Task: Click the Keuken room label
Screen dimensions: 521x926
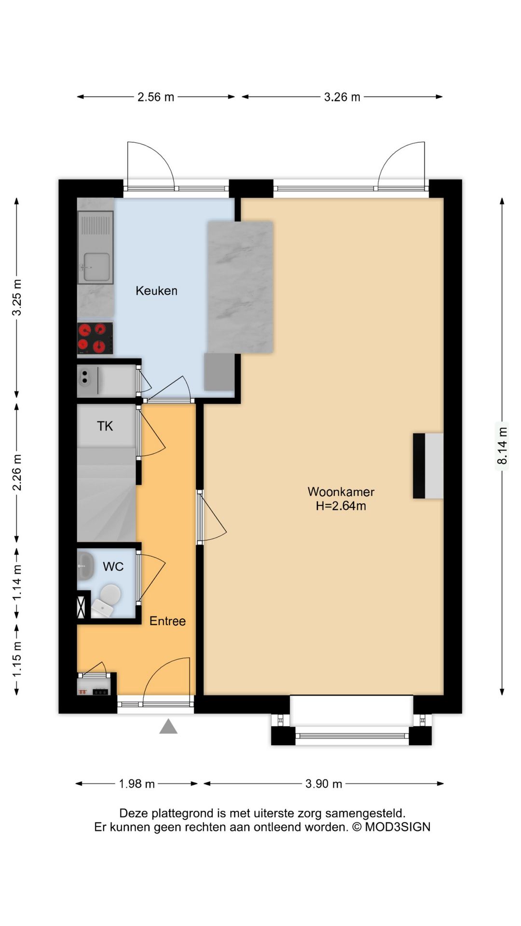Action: click(x=156, y=291)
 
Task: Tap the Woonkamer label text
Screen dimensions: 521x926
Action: click(x=341, y=492)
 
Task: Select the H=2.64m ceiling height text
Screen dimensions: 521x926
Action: click(x=341, y=506)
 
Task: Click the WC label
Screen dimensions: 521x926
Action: click(x=113, y=567)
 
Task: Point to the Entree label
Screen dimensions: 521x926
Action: click(x=167, y=621)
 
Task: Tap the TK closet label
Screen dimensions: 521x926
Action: click(x=105, y=426)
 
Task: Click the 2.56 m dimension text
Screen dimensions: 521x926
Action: click(x=156, y=97)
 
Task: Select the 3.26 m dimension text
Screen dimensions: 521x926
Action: click(x=342, y=97)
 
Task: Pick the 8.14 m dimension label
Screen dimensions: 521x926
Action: click(x=502, y=446)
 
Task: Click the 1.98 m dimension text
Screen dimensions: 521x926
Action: click(x=137, y=784)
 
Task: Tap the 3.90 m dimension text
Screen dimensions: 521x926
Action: click(x=324, y=784)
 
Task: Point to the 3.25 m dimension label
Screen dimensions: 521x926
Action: click(x=17, y=298)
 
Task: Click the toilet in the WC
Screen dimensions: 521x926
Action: click(x=106, y=601)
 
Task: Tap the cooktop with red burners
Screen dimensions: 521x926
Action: click(x=95, y=338)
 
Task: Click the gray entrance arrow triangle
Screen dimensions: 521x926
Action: click(x=168, y=726)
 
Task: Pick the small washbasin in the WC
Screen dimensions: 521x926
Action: click(x=86, y=566)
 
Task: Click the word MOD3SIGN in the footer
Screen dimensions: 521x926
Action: click(x=398, y=827)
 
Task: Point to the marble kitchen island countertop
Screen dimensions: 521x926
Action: click(x=240, y=287)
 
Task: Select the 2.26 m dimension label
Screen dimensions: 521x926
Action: click(x=17, y=473)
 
